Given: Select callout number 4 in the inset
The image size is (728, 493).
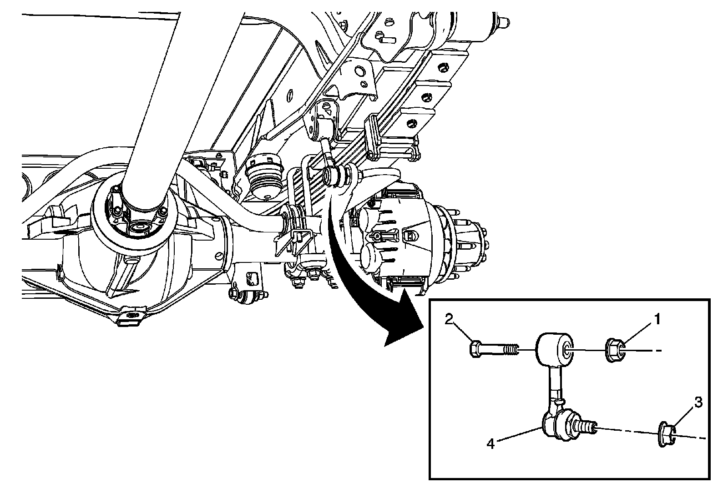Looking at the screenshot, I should point(490,443).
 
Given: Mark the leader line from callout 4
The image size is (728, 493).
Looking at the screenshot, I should point(518,435).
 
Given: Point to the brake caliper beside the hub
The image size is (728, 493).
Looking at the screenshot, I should point(378,241).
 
